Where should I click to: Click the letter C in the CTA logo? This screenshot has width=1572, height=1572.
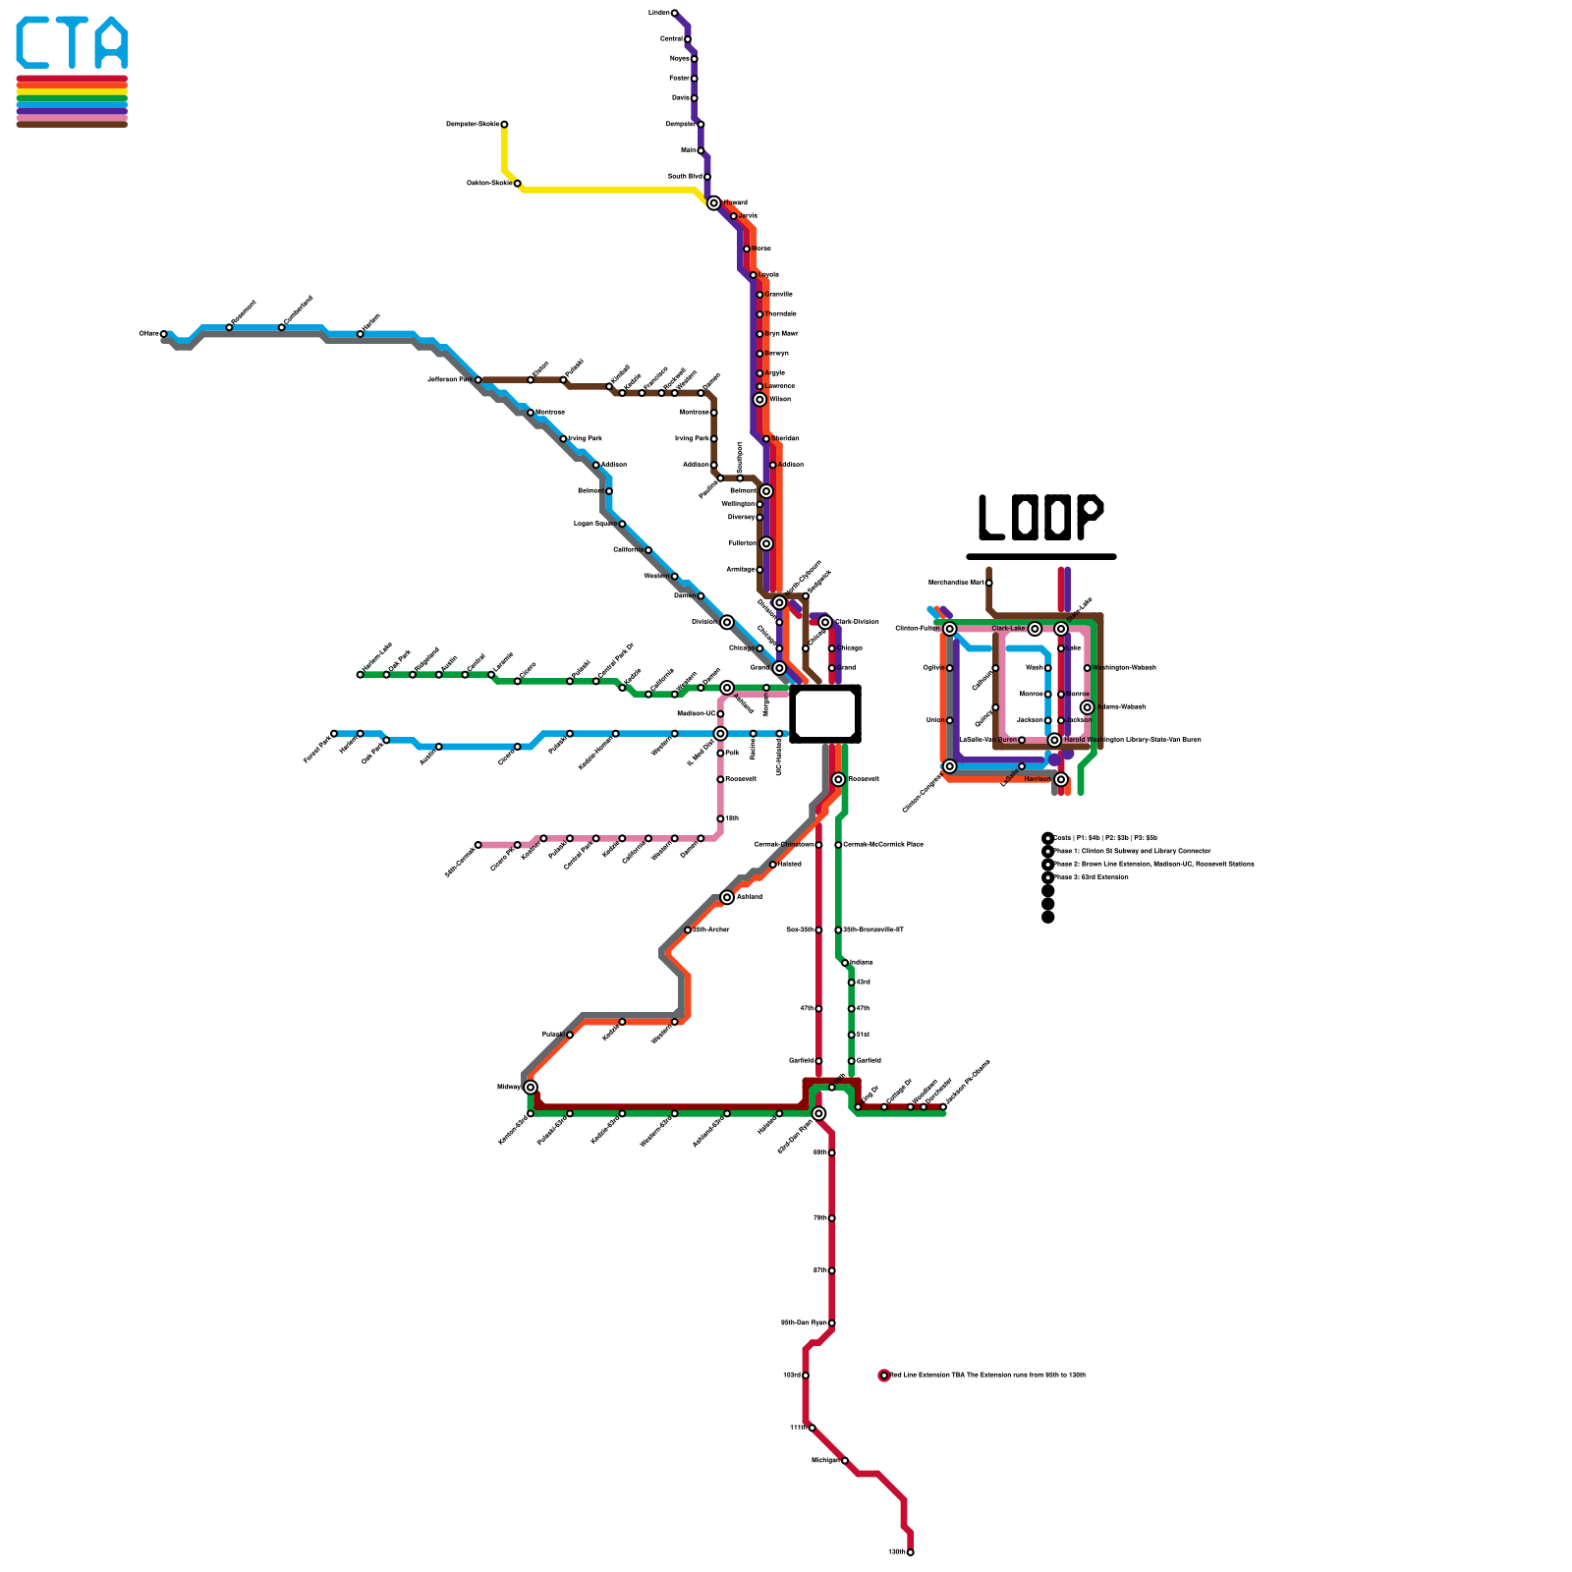coord(35,43)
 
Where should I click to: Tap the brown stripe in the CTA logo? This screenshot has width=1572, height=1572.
coord(72,124)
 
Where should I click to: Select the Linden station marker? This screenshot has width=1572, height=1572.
coord(674,13)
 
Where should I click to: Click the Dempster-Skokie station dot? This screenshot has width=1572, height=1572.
coord(504,125)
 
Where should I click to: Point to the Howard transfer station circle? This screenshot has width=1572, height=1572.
coord(713,203)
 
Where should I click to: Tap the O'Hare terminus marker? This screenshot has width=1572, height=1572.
coord(164,334)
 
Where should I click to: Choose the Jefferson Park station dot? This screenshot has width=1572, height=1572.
coord(477,379)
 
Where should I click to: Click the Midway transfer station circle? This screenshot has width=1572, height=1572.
coord(531,1087)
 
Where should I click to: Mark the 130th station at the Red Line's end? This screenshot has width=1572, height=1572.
coord(910,1552)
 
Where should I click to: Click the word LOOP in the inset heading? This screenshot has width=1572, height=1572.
coord(1040,517)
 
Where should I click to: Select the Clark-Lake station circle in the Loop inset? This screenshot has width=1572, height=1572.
coord(1035,629)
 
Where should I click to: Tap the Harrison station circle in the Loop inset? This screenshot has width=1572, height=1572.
coord(1061,779)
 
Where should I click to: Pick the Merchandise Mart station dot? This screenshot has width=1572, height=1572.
coord(988,583)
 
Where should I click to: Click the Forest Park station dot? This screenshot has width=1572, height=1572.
coord(334,733)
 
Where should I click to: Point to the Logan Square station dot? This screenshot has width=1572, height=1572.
coord(621,524)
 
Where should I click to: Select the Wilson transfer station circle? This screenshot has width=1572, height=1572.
coord(759,399)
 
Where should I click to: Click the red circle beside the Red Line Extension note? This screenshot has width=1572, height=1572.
coord(884,1375)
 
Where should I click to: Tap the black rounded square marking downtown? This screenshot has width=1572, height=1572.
coord(825,713)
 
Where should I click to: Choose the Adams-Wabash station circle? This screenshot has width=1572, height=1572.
coord(1087,707)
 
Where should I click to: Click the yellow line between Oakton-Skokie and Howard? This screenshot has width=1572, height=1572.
coord(609,190)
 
